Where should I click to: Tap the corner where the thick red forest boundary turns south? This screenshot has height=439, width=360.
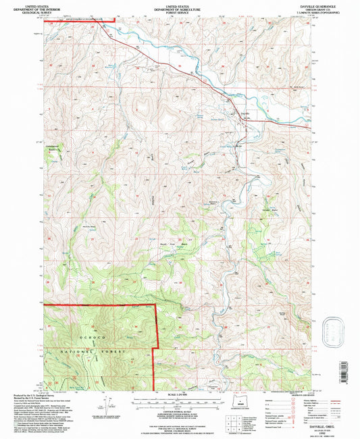coord(157,305)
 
